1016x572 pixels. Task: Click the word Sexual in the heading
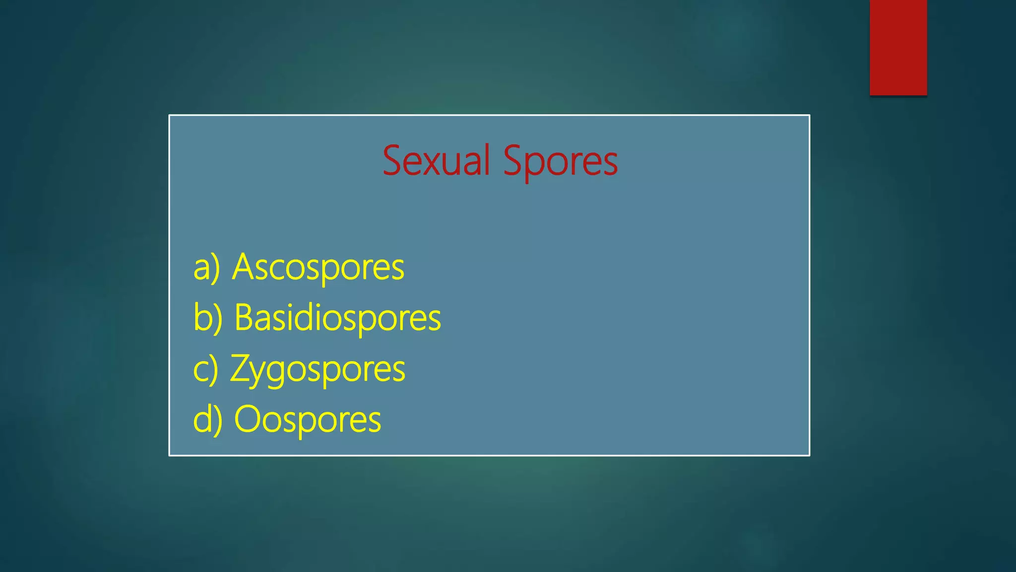436,161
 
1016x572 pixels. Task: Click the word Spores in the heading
561,161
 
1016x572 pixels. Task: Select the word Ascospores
318,267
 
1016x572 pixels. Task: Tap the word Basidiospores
337,318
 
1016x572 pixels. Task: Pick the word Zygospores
317,369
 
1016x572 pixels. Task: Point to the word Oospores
307,420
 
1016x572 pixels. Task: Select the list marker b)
207,318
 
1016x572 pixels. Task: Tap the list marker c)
205,369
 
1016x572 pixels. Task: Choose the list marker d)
207,420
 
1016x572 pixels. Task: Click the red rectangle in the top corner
898,47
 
